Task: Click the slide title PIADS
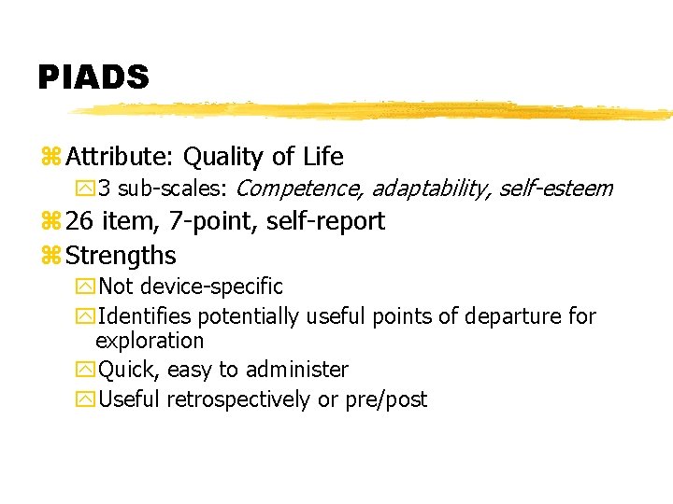coord(93,77)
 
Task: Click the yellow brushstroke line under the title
coord(374,110)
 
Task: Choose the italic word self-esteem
coord(555,189)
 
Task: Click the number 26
coord(80,221)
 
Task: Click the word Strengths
coord(122,255)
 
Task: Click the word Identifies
coord(142,316)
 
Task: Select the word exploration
coord(150,341)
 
